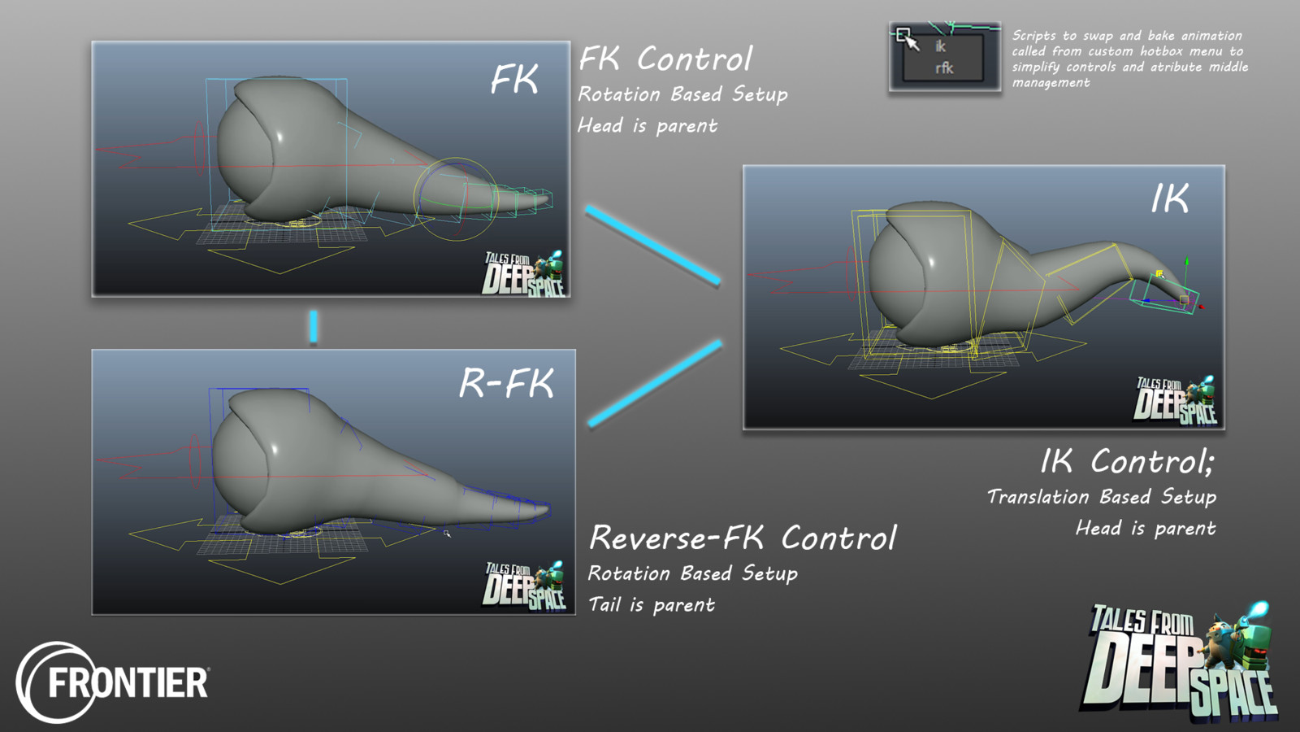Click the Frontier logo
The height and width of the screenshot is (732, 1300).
[114, 682]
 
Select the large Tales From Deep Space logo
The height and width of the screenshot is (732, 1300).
[1180, 664]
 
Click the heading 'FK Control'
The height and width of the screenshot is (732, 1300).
[665, 59]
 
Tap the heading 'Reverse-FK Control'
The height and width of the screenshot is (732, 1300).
[743, 538]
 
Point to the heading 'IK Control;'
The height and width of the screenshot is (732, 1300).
[1127, 462]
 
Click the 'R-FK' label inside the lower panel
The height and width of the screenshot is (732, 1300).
[506, 383]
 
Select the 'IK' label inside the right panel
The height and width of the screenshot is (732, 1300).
[1170, 198]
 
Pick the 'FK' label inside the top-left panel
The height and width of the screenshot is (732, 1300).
[513, 80]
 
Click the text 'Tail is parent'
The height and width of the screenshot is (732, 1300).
[652, 605]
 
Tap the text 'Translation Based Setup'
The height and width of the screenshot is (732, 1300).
[1101, 497]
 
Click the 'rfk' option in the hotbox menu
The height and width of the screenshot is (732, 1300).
[943, 68]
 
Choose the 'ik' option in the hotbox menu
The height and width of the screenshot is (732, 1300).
[940, 47]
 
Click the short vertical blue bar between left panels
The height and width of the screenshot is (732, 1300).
[313, 327]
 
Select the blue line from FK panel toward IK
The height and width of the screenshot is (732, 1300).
[652, 246]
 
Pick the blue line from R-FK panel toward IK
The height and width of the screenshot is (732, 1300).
[654, 383]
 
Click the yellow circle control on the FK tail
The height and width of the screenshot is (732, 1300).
[456, 199]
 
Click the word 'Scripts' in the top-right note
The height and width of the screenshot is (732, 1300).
[1033, 36]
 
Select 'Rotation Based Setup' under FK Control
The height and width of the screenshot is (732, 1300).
[682, 94]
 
